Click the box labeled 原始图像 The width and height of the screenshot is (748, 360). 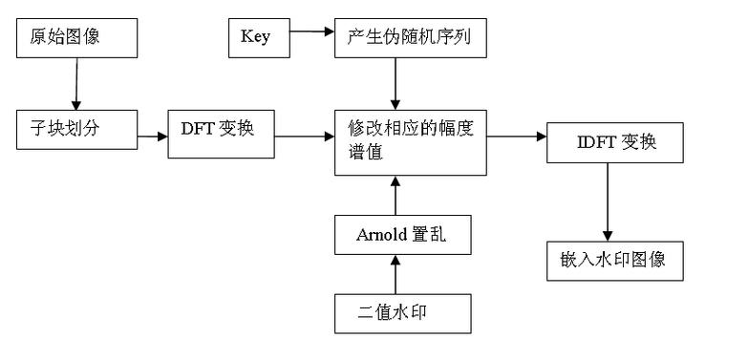point(77,38)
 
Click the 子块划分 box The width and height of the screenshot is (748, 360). point(77,129)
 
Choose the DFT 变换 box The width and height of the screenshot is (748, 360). point(220,129)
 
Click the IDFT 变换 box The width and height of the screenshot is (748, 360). point(615,146)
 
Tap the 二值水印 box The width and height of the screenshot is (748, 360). point(402,313)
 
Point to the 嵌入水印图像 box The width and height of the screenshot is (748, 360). point(615,261)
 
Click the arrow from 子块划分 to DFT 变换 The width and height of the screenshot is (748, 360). point(151,137)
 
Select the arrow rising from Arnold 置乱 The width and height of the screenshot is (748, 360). point(395,196)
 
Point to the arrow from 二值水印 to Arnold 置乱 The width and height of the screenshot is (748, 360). point(395,275)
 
